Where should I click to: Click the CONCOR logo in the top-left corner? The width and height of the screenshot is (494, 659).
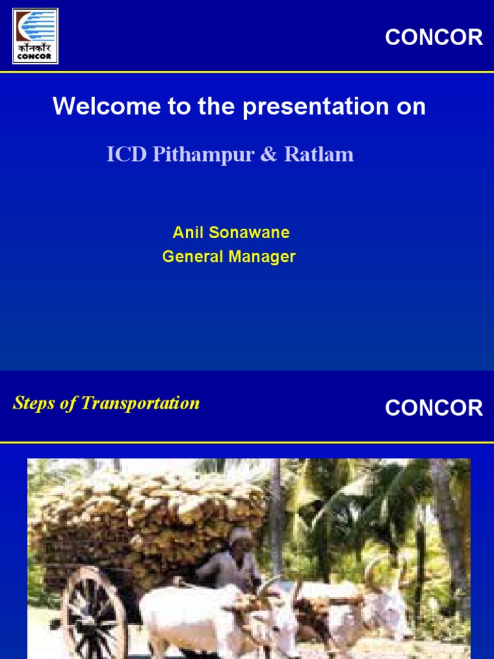[35, 36]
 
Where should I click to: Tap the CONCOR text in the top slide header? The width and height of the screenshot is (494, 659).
[434, 37]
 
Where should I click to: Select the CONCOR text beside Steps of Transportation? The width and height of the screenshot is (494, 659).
[434, 408]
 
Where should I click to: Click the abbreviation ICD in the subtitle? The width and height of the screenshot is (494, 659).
[127, 154]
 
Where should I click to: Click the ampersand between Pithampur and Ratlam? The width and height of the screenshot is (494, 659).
[268, 155]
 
